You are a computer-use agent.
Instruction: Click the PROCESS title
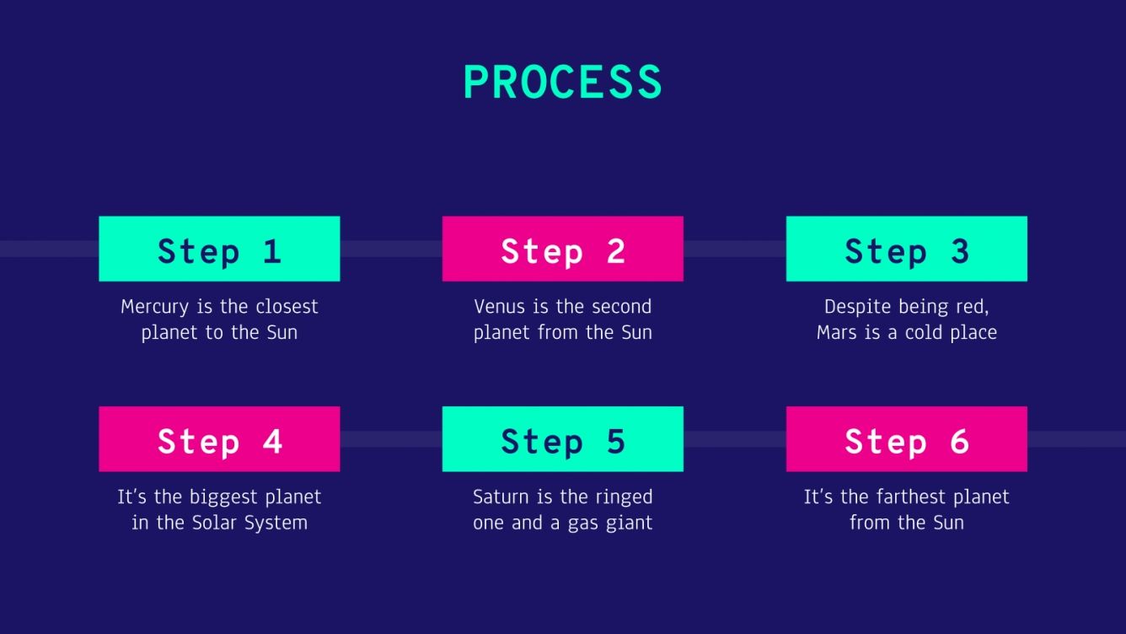coord(562,83)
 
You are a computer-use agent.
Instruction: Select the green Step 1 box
coord(219,249)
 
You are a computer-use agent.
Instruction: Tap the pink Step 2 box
coord(562,249)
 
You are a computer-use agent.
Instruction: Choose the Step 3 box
coord(906,249)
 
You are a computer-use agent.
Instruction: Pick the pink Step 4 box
coord(219,439)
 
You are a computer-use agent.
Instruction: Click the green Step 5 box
coord(562,439)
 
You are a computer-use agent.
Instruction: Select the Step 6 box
coord(906,439)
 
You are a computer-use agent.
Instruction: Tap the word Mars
coord(836,333)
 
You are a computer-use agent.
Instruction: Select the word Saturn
coord(501,497)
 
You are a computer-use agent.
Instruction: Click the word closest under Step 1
coord(287,307)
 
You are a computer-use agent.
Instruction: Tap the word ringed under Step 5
coord(622,498)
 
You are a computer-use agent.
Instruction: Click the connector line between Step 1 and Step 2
coord(391,249)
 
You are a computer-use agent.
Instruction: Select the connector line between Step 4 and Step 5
coord(391,439)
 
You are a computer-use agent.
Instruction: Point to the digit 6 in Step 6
coord(959,441)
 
